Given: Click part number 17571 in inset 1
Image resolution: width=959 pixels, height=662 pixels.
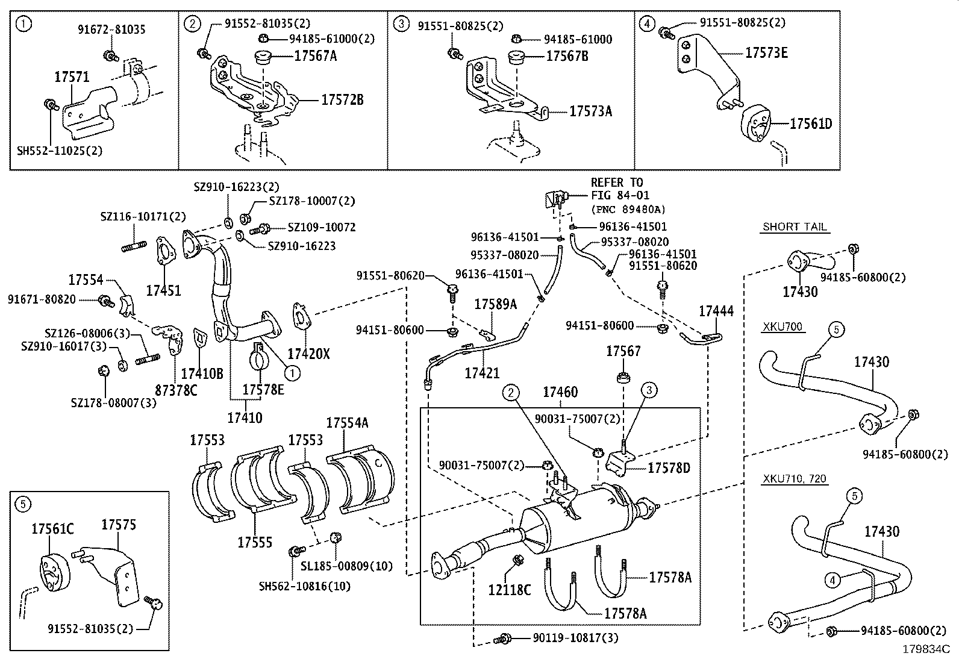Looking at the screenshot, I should [72, 77].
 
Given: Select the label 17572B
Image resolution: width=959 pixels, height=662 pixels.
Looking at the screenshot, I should [342, 100].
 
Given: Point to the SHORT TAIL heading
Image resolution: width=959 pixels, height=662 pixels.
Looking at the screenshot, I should [795, 227].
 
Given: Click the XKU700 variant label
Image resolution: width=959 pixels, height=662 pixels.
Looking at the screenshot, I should [783, 327].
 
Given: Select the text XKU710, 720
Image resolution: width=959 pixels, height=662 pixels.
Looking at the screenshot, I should [795, 479].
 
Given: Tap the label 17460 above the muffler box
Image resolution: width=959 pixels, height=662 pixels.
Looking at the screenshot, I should [560, 392].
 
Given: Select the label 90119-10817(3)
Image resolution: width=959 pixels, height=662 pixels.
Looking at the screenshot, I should [575, 637].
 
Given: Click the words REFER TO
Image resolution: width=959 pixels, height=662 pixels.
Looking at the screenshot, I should [616, 183].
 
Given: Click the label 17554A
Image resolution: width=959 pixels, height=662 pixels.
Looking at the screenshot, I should [347, 422].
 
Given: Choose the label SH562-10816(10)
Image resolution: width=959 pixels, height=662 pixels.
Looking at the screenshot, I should [304, 585].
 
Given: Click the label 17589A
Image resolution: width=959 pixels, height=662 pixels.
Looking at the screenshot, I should [496, 304].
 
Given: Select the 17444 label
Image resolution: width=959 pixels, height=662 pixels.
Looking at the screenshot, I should [716, 311].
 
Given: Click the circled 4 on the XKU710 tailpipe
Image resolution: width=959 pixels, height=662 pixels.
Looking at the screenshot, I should [832, 580].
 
